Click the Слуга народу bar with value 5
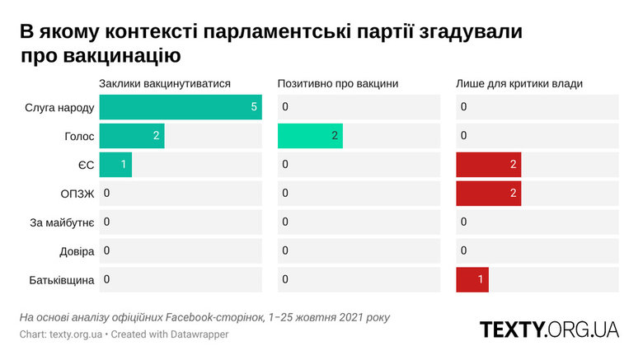click(180, 107)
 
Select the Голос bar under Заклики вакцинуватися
click(131, 136)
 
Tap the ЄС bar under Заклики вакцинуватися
click(115, 165)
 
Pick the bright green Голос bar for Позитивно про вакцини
click(310, 136)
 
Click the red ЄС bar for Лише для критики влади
click(488, 165)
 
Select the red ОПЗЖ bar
click(488, 194)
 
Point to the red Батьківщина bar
click(472, 280)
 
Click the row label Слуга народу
click(61, 107)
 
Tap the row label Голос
click(79, 136)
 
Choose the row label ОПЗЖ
click(76, 194)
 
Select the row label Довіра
click(77, 251)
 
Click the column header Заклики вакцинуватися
click(164, 83)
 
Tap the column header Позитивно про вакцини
click(338, 83)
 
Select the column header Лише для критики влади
click(519, 83)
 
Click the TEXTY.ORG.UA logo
click(549, 330)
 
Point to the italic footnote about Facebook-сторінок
click(204, 317)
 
